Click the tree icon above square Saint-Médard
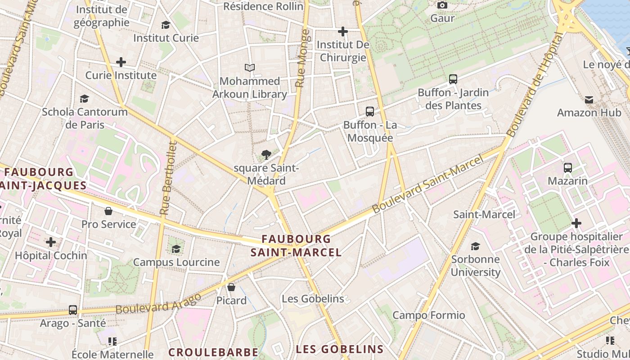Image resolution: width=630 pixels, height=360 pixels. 266,155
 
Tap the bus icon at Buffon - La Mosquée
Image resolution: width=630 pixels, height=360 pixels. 370,111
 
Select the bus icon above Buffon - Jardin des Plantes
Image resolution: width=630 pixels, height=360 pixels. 453,79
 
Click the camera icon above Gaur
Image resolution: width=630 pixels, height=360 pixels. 442,5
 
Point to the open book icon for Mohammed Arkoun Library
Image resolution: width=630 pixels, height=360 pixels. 250,68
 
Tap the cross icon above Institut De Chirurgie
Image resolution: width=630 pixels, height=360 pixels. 343,31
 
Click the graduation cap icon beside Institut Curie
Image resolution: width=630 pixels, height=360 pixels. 166,25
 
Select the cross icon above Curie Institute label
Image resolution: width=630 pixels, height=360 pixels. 121,62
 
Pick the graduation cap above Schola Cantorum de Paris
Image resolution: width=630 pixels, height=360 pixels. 84,99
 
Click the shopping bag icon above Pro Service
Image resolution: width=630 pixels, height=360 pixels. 108,211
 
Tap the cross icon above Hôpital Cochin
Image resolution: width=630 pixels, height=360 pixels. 51,242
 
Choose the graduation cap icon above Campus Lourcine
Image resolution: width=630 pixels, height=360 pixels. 176,249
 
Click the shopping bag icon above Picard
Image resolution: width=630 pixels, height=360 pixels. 231,287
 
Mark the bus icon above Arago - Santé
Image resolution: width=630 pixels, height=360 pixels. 73,310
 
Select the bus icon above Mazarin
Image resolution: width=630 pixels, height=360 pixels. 568,168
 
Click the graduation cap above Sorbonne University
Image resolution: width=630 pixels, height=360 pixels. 475,246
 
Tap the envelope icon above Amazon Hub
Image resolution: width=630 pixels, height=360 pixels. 589,99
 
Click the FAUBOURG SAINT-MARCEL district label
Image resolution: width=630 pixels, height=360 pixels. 296,245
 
